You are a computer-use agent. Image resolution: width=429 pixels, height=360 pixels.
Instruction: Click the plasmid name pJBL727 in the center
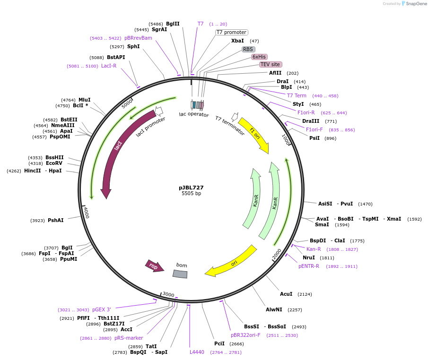(x=191, y=188)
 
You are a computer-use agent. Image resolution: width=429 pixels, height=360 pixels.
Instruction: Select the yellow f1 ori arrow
(x=254, y=134)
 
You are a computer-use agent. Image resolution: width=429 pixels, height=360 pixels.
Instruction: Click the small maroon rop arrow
(x=154, y=266)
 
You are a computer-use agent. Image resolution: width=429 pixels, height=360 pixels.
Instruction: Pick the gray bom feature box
(x=180, y=274)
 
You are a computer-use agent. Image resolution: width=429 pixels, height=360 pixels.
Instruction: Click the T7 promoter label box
(x=231, y=32)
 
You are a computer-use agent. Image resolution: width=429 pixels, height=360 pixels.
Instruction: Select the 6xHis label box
(x=259, y=57)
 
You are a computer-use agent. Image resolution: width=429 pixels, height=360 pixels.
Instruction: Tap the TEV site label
(x=270, y=64)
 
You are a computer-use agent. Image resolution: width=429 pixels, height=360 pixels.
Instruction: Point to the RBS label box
(x=248, y=49)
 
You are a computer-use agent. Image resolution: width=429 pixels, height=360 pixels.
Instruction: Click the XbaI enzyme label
(x=237, y=41)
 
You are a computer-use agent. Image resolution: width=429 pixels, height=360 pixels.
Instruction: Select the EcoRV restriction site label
(x=54, y=163)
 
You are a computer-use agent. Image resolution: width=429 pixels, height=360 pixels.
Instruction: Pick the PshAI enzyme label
(x=55, y=220)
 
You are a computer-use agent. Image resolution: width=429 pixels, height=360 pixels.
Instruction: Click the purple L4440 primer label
(x=197, y=352)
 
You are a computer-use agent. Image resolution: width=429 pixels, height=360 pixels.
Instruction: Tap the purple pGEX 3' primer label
(x=102, y=309)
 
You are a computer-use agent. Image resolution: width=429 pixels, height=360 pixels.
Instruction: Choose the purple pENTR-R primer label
(x=309, y=266)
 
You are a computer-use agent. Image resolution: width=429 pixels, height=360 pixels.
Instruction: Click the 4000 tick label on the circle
(x=86, y=213)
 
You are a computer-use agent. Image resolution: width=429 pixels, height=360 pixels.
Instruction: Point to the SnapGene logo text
(x=414, y=4)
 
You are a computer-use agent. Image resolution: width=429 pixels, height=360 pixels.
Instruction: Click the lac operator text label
(x=193, y=114)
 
